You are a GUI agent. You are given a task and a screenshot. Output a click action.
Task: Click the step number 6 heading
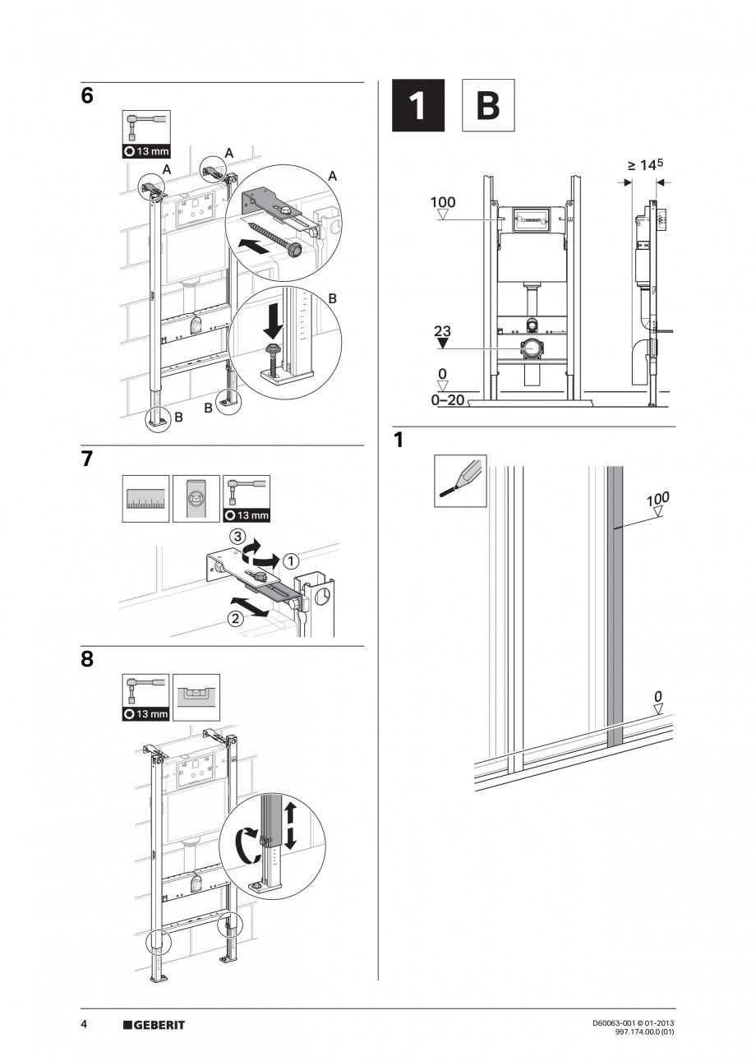(x=87, y=95)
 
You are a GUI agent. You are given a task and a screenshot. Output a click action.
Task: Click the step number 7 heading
(x=87, y=459)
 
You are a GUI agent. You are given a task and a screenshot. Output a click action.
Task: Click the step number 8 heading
(x=87, y=659)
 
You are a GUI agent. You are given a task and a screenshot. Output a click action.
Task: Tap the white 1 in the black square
(x=417, y=105)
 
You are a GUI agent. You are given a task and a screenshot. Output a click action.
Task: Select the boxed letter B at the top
(x=488, y=105)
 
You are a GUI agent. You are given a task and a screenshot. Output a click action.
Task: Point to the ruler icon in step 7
(x=146, y=499)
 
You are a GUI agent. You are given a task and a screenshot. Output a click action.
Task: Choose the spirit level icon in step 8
(x=196, y=692)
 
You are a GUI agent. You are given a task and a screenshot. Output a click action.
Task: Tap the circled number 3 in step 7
(x=237, y=537)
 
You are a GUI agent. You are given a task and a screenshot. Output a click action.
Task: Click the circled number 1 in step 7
(x=291, y=560)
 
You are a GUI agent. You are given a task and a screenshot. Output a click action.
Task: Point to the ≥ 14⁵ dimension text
(x=645, y=165)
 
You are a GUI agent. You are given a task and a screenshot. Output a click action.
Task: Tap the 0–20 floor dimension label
(x=448, y=400)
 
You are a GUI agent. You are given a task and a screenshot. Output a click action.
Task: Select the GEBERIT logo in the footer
(x=154, y=1025)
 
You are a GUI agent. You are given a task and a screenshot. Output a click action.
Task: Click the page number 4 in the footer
(x=84, y=1025)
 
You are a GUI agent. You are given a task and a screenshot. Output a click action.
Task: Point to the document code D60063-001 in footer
(x=615, y=1023)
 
